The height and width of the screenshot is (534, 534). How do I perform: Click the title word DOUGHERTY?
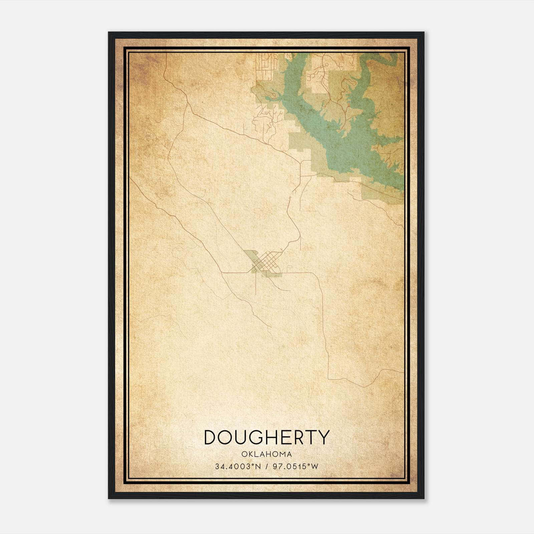[x=267, y=438]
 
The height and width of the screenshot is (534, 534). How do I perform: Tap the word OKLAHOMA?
[x=267, y=454]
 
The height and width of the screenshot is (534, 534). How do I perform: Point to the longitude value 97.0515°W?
[x=296, y=466]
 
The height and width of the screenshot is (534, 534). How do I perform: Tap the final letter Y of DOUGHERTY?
[x=323, y=438]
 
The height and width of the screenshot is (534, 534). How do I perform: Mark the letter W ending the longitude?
[x=315, y=466]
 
